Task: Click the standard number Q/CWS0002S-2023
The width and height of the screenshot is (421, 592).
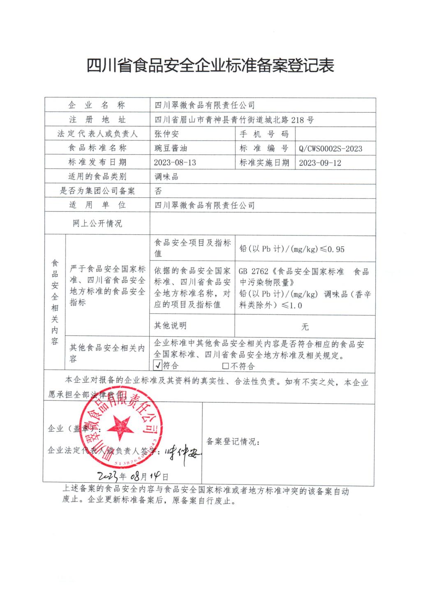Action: [331, 148]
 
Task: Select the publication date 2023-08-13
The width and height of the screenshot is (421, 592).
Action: [175, 162]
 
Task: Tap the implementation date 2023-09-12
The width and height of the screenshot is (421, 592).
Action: [320, 162]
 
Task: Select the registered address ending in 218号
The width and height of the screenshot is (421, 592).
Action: [234, 120]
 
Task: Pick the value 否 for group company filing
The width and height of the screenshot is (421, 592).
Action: [158, 191]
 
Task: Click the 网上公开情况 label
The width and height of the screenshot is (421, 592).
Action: [97, 224]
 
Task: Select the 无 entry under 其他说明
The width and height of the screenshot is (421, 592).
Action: [305, 327]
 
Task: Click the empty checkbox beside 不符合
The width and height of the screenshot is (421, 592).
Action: [225, 365]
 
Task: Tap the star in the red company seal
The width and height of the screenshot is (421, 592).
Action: [120, 427]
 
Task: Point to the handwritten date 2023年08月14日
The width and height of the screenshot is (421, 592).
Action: [133, 476]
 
